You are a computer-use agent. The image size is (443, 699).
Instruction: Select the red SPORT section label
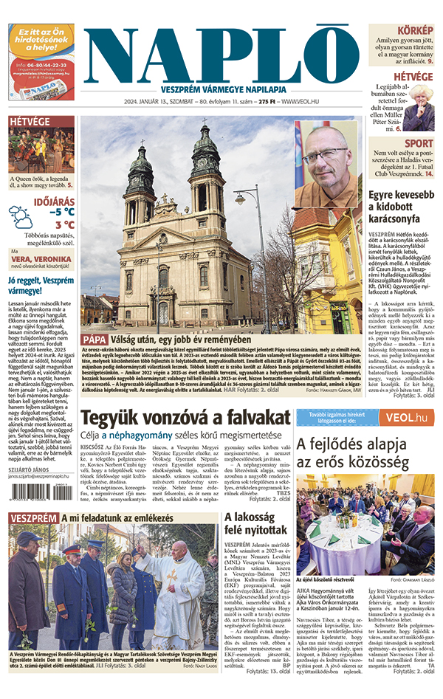tap(419, 143)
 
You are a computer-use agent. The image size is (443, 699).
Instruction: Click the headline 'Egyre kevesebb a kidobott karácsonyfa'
tap(401, 208)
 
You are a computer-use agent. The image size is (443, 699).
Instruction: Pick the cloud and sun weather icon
tap(21, 218)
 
